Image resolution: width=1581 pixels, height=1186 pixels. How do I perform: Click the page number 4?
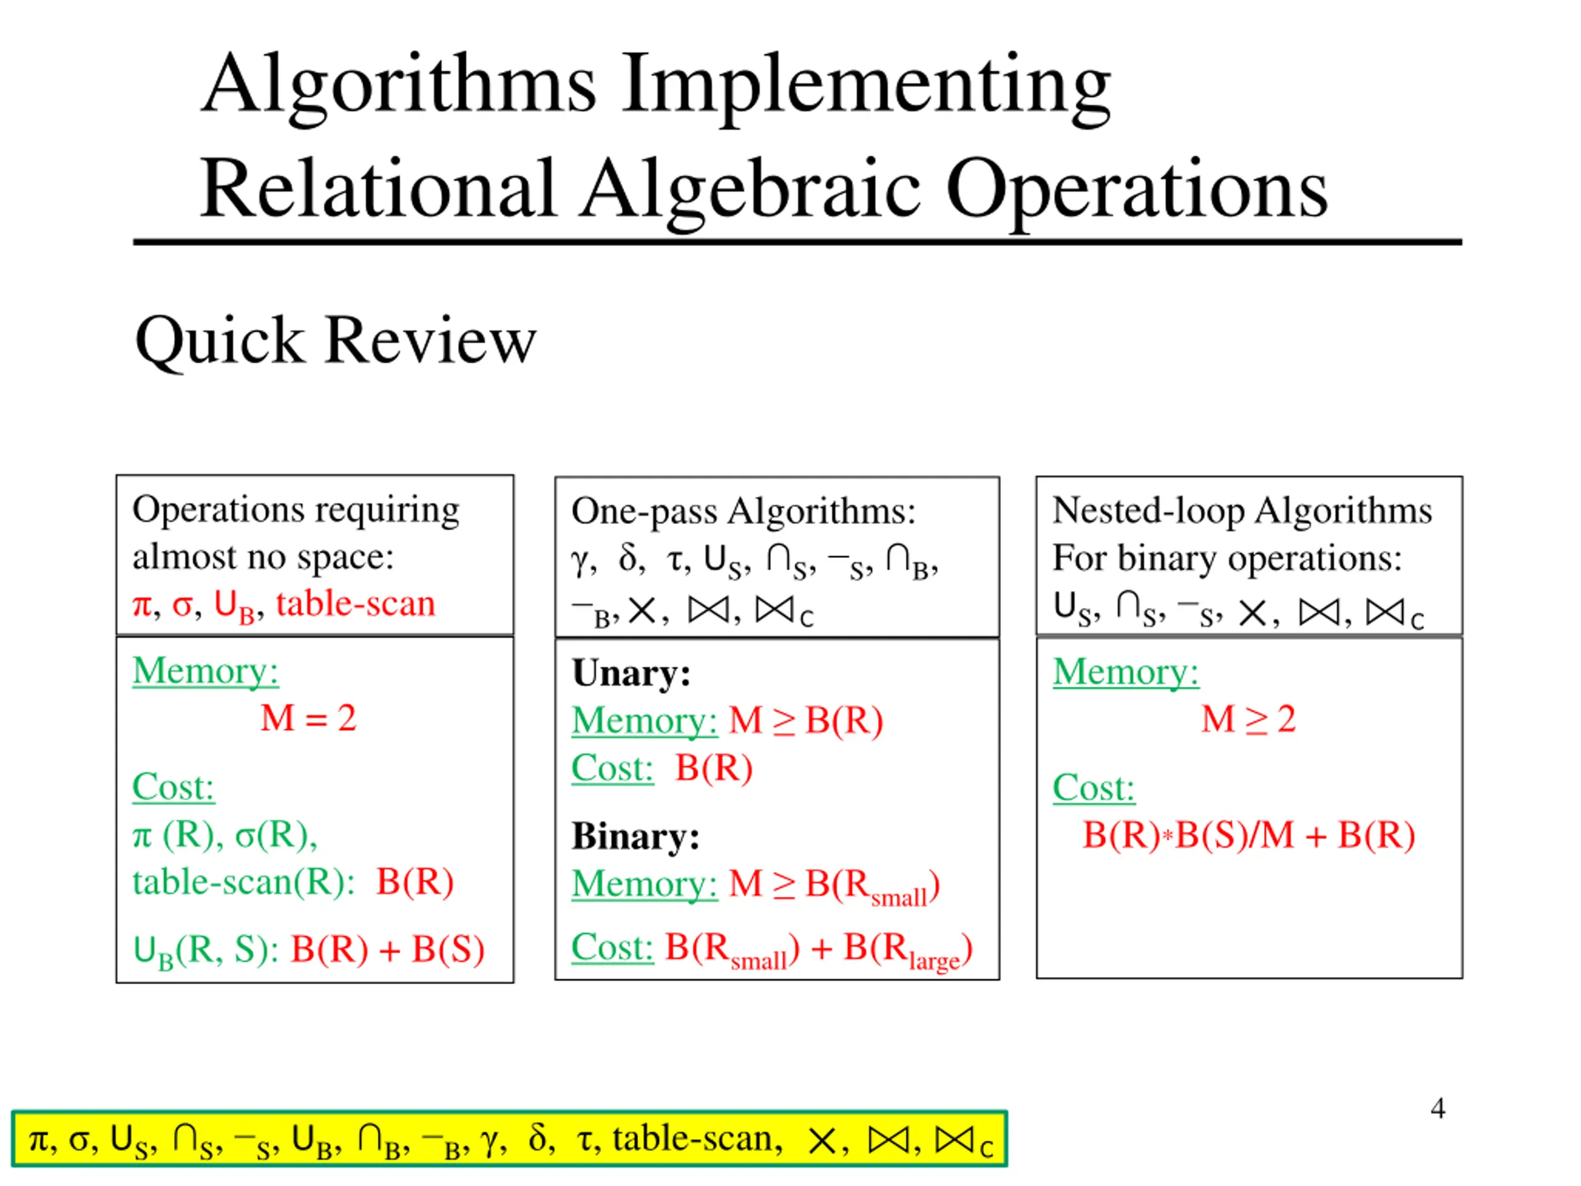point(1437,1108)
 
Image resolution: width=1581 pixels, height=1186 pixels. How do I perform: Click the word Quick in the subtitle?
point(219,341)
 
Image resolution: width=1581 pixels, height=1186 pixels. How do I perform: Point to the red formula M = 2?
point(308,718)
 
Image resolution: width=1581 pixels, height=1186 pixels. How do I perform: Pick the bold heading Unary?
point(631,673)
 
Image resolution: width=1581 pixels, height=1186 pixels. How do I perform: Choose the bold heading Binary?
point(635,836)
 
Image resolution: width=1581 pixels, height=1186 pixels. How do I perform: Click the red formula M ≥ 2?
point(1248,718)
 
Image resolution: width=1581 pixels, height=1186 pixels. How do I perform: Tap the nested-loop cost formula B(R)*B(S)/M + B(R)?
point(1248,835)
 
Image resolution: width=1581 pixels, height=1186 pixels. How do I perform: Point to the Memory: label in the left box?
point(205,671)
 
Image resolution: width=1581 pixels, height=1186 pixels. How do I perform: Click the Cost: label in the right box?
point(1093,788)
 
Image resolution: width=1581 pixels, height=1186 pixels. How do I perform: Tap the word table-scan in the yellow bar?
point(697,1139)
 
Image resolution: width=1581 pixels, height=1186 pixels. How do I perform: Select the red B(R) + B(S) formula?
point(387,949)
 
